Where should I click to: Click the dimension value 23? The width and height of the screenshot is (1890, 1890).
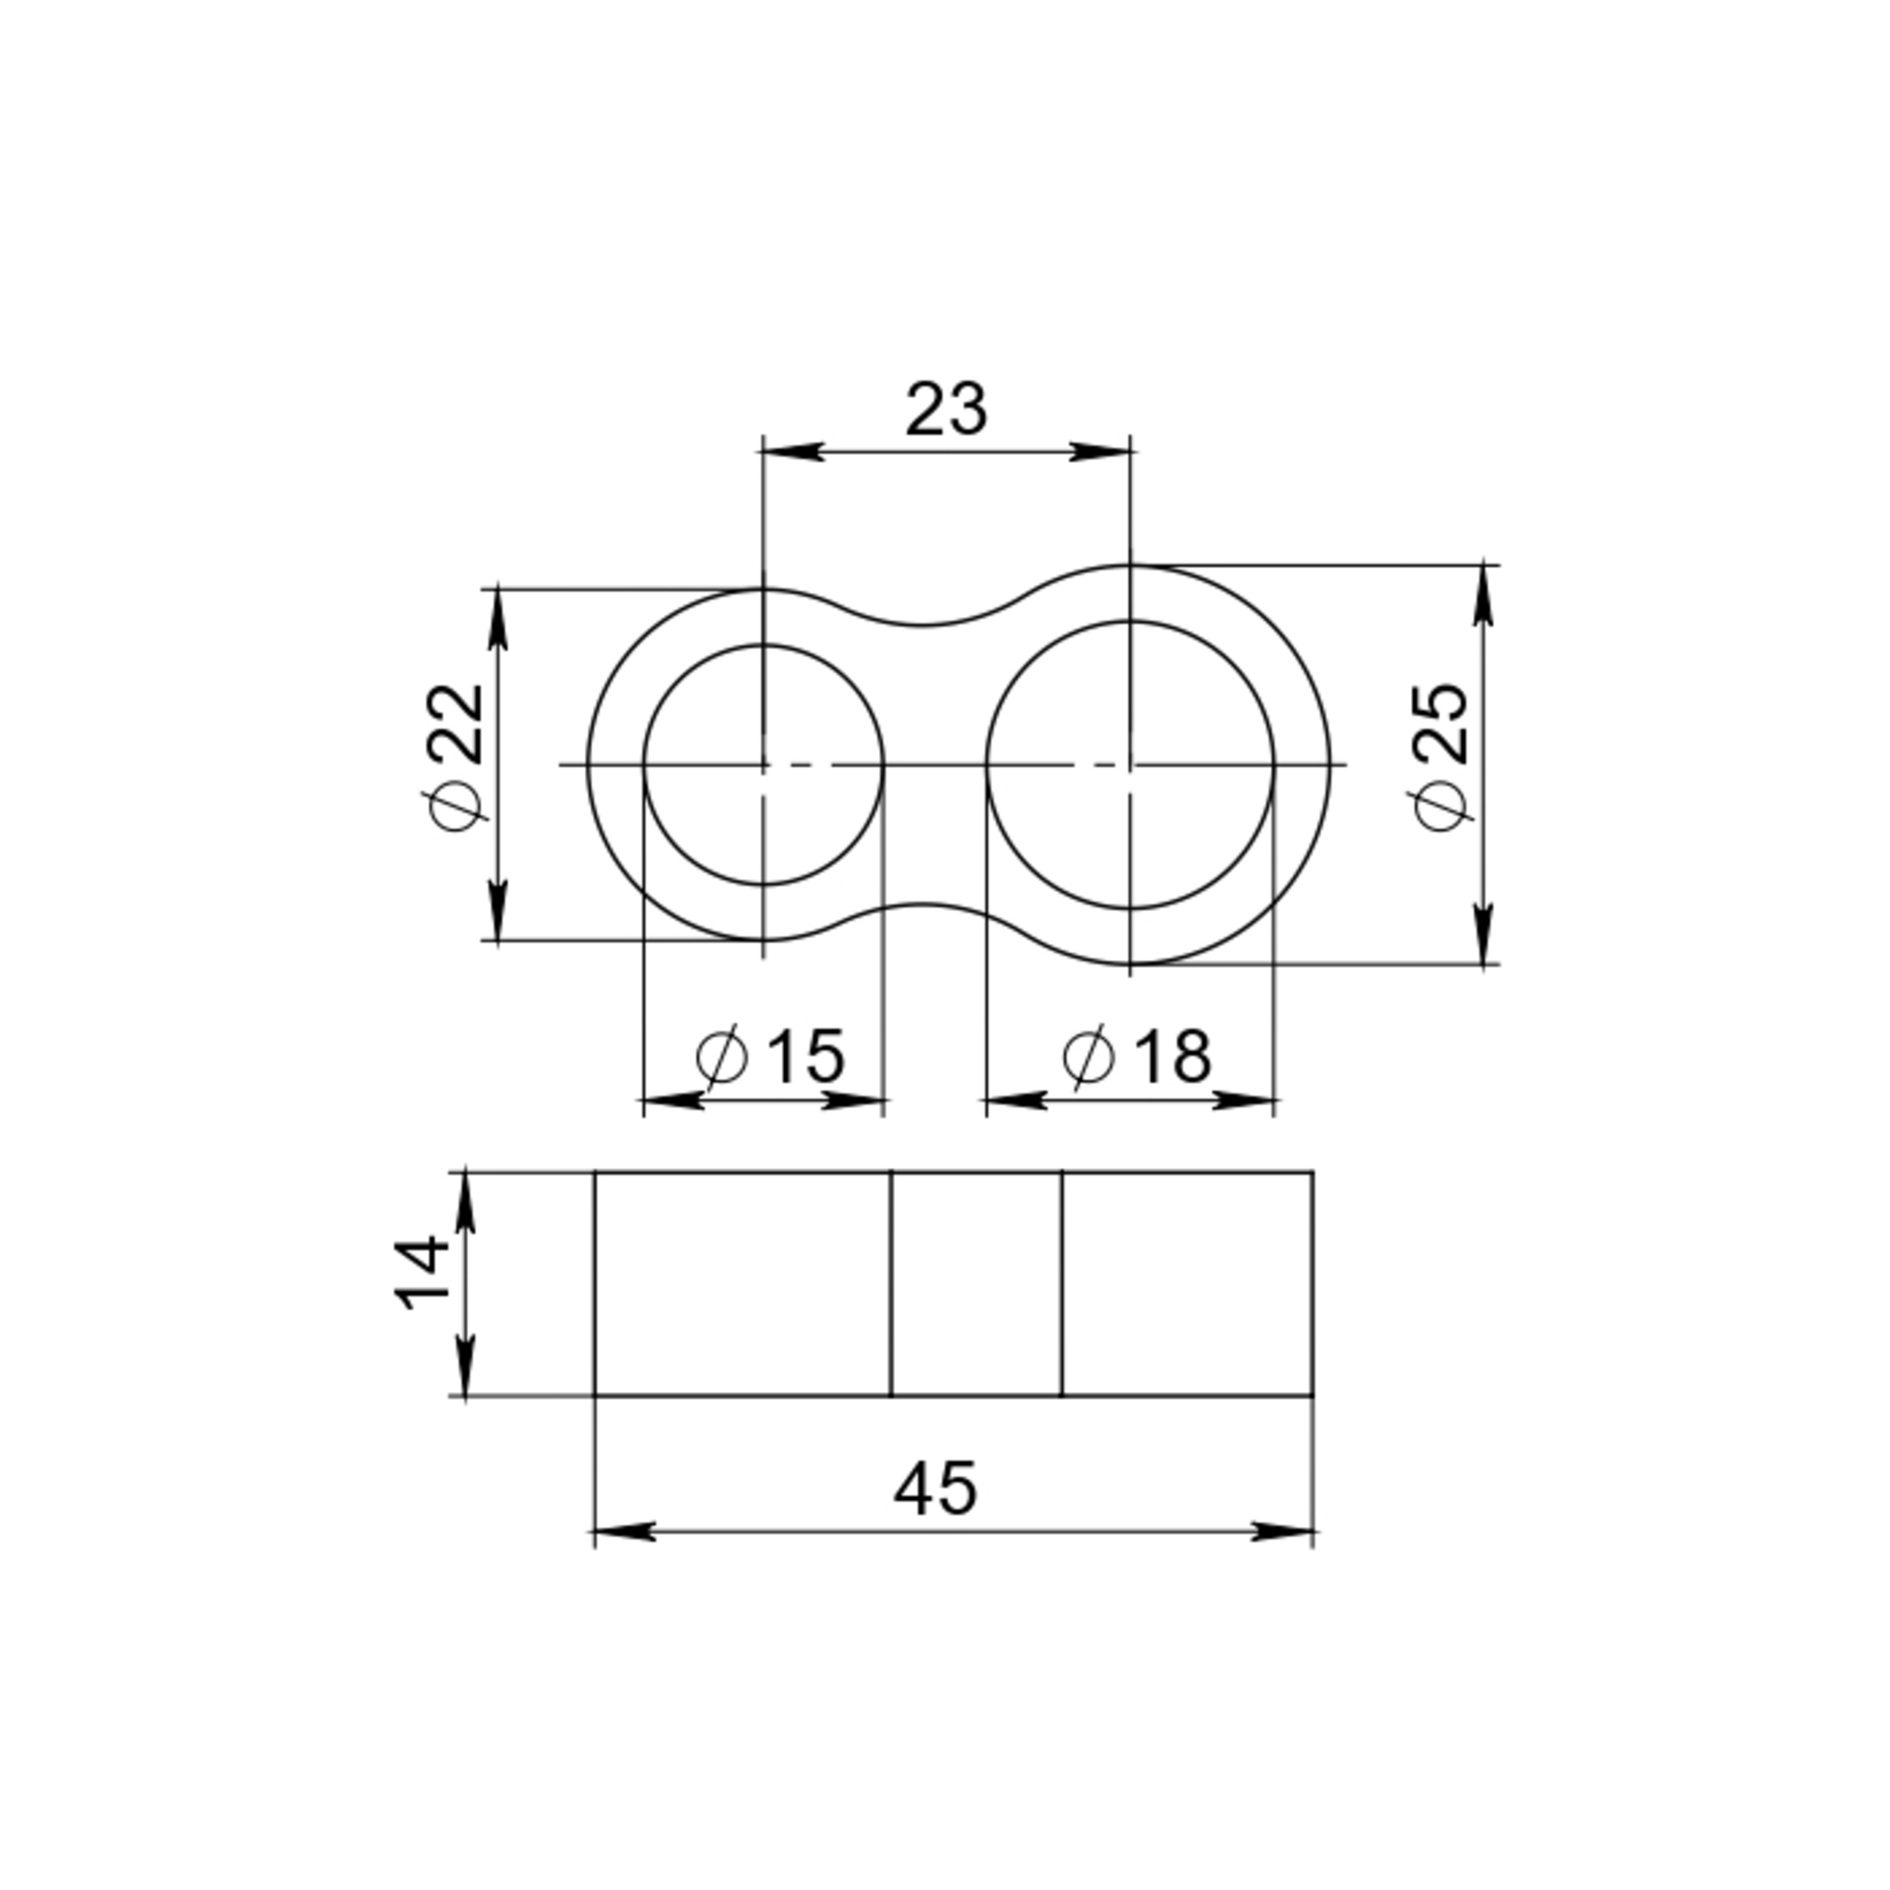click(946, 410)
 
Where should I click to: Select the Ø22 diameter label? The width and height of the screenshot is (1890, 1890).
click(455, 756)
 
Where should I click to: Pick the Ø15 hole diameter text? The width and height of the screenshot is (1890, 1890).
click(770, 1057)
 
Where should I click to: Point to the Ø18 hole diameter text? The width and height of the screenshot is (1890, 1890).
click(1137, 1057)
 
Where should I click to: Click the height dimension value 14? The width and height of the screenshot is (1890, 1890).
click(422, 1273)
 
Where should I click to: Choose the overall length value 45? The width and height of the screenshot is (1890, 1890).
click(936, 1489)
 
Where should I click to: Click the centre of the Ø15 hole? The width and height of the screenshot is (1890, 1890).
click(763, 764)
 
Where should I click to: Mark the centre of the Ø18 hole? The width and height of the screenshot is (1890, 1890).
click(1131, 764)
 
